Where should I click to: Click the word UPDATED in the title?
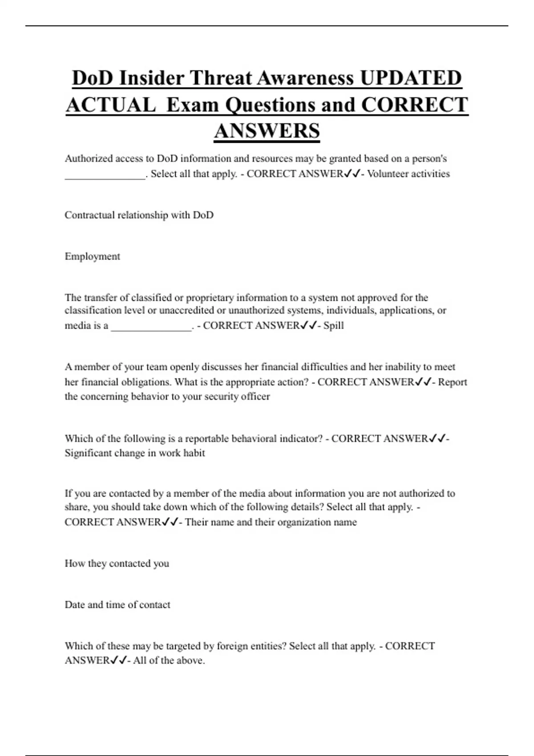[411, 78]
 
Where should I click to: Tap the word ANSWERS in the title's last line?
[267, 131]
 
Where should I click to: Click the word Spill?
[333, 326]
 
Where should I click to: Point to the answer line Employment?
[93, 257]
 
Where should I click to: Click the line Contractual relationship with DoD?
[139, 215]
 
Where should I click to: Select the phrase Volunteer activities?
[409, 174]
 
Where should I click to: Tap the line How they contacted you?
[117, 563]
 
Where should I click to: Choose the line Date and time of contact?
[117, 605]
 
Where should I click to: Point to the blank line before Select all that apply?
[105, 175]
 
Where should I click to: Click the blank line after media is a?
[151, 327]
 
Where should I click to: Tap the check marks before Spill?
[308, 326]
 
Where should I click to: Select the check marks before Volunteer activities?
[352, 174]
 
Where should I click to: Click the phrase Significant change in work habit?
[135, 453]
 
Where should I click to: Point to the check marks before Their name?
[170, 522]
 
